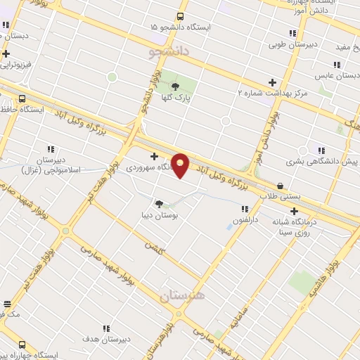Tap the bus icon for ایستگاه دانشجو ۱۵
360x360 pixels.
(x=181, y=16)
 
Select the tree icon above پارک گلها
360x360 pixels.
(x=174, y=87)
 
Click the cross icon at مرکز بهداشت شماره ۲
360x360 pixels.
(x=273, y=82)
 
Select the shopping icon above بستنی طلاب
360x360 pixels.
(x=281, y=186)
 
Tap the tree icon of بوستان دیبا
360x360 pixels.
(x=159, y=204)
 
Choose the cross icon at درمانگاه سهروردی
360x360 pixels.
(x=154, y=156)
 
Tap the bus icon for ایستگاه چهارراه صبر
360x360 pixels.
(x=22, y=345)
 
